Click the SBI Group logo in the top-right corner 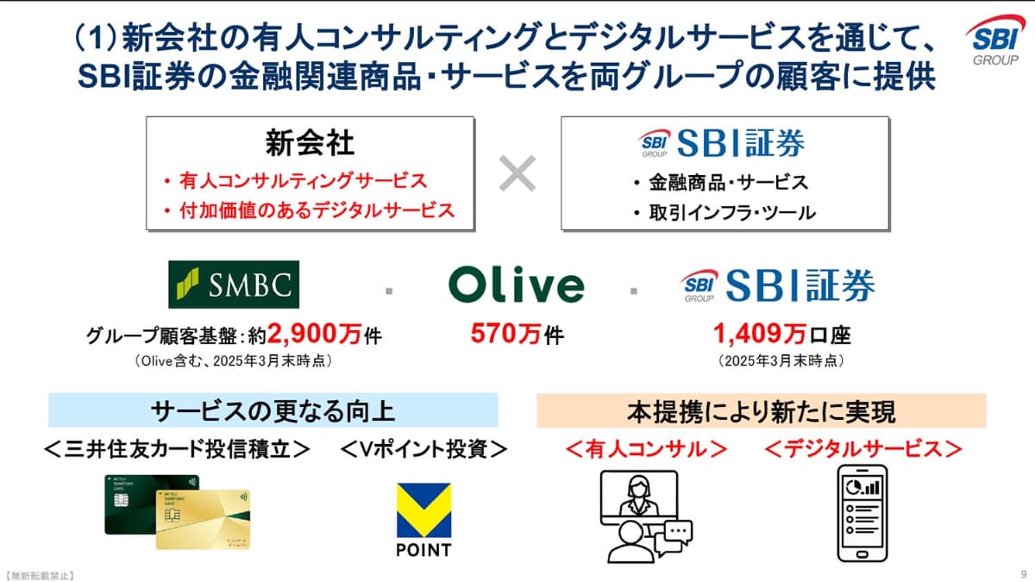click(x=995, y=41)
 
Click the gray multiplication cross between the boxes click(x=517, y=173)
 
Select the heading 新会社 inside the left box click(x=310, y=143)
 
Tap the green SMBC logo click(x=234, y=285)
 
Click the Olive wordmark click(x=516, y=285)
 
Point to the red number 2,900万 click(x=314, y=334)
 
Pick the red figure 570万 click(x=505, y=334)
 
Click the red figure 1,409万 click(x=760, y=334)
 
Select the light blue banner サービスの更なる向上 click(x=273, y=410)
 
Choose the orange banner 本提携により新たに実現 click(x=762, y=410)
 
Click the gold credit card click(x=204, y=520)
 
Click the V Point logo click(x=423, y=520)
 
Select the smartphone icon click(x=862, y=513)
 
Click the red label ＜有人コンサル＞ click(x=646, y=449)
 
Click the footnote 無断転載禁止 click(x=41, y=576)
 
